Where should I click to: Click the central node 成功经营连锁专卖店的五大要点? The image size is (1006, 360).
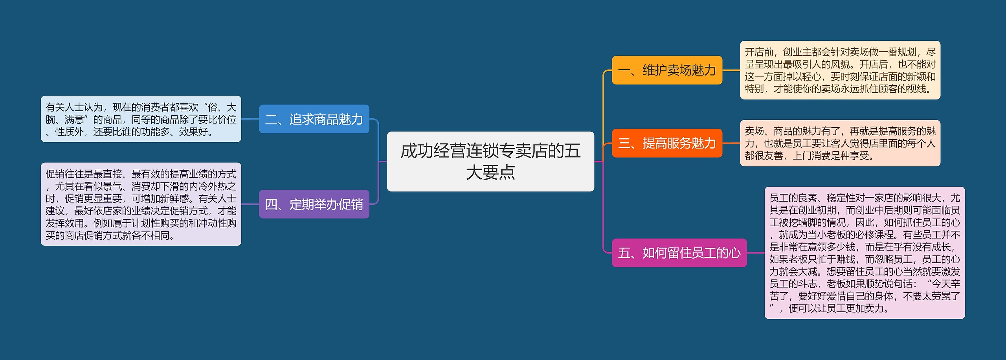[x=490, y=161]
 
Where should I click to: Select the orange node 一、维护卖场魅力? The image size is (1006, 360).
[x=667, y=70]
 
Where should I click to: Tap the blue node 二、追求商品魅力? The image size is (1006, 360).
[x=314, y=119]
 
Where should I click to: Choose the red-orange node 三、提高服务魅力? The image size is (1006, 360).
[x=667, y=143]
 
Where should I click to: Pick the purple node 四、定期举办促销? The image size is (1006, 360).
[x=314, y=204]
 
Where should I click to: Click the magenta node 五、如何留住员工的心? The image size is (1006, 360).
[x=679, y=253]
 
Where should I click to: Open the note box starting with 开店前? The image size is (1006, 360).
[x=840, y=70]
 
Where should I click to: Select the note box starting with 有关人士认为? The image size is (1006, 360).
[x=141, y=119]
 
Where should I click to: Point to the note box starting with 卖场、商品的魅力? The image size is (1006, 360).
[x=840, y=143]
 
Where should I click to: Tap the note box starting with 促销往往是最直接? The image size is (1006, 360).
[x=141, y=204]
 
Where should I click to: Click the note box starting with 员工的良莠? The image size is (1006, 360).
[x=865, y=253]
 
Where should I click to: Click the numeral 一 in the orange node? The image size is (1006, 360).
[x=624, y=71]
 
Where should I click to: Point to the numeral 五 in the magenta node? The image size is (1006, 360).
[x=624, y=253]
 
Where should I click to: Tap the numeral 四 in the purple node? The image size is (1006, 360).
[x=271, y=204]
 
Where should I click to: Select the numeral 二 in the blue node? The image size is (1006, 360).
[x=271, y=119]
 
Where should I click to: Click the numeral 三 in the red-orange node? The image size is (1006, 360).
[x=624, y=143]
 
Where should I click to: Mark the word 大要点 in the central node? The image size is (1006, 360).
[x=490, y=172]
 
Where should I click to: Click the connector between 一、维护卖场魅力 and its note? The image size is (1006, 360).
[x=731, y=70]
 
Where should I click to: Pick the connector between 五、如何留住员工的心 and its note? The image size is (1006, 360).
[x=756, y=253]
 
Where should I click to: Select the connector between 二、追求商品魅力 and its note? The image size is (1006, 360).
[x=250, y=119]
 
